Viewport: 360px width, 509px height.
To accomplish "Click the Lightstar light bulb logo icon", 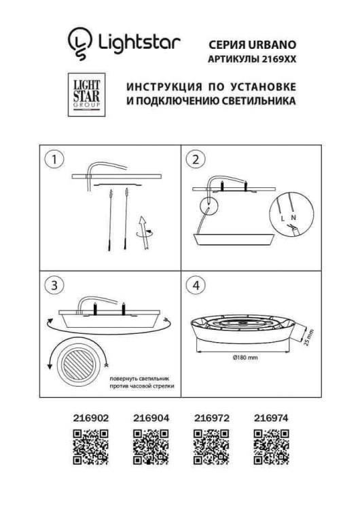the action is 79,43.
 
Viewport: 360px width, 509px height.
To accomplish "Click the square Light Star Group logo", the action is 86,95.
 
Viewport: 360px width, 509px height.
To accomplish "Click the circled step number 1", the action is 54,159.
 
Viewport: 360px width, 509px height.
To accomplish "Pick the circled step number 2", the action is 196,159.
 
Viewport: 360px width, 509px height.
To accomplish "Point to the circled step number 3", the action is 54,286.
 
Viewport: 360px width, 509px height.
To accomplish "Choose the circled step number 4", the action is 196,286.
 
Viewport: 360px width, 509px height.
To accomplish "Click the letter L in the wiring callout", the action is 283,219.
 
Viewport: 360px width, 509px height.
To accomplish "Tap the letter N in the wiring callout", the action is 293,218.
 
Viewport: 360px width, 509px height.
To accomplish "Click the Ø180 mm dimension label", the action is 245,358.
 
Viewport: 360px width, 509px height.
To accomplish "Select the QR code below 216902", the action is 90,447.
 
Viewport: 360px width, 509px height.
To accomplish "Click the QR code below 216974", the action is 271,447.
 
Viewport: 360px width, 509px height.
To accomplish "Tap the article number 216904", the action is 151,418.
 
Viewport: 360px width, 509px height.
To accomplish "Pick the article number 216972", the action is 212,418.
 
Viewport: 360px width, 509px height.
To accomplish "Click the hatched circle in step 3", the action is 78,364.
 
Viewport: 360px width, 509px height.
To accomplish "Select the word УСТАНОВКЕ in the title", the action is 264,87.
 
